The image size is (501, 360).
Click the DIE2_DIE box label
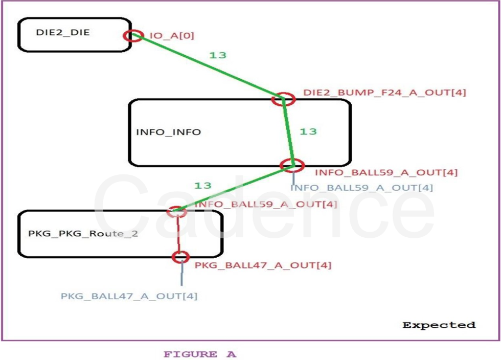[x=63, y=33]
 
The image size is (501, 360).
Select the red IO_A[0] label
[x=172, y=36]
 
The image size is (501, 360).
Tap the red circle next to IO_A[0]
[x=134, y=35]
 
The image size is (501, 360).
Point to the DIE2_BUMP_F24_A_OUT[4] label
[x=384, y=93]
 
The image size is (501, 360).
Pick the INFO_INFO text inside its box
[x=168, y=132]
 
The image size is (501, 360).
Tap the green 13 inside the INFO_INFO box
[x=308, y=131]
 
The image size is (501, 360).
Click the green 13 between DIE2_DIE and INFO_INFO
[x=217, y=55]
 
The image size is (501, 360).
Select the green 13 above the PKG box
[x=202, y=185]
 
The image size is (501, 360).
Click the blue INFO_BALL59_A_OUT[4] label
[x=361, y=188]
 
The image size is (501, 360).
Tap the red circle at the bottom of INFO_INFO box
[x=293, y=165]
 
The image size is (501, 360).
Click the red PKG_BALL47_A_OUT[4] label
[x=263, y=265]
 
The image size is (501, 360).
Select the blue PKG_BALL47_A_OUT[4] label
[x=129, y=296]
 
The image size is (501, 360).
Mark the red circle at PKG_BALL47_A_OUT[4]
[x=181, y=257]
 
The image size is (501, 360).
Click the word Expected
[x=439, y=325]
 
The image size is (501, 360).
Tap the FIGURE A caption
[x=200, y=354]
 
